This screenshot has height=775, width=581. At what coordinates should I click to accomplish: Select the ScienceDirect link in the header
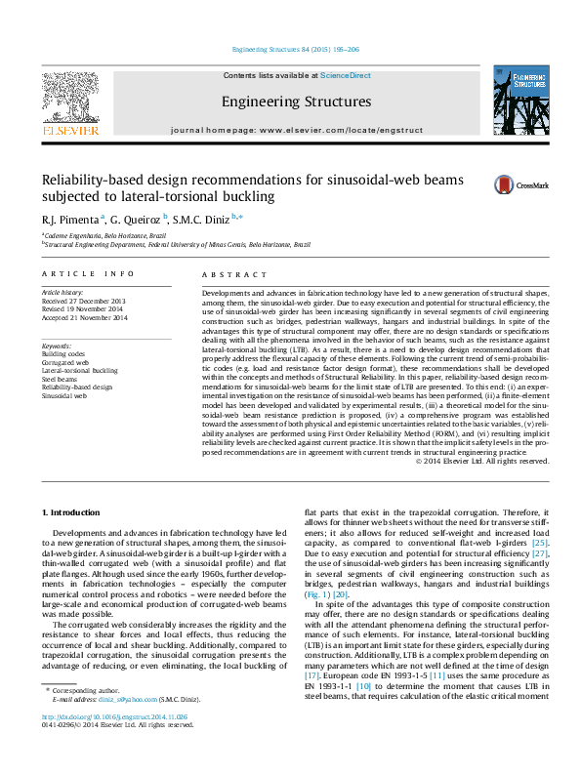346,75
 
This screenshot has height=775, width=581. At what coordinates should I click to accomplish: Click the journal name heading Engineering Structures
296,102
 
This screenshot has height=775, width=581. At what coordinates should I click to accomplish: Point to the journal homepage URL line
296,130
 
